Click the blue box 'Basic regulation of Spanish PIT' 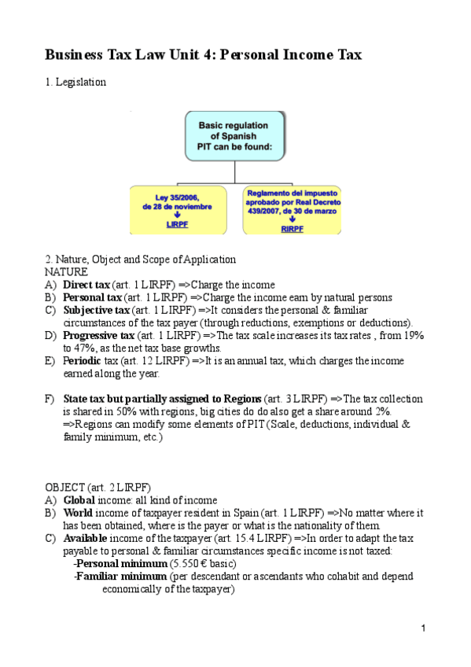click(x=233, y=135)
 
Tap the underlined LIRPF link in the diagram click(x=177, y=224)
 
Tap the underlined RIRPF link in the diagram click(x=292, y=228)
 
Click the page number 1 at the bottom click(x=422, y=628)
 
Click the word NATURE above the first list click(x=67, y=271)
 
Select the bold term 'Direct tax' click(x=86, y=285)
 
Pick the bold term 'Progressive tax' click(x=99, y=336)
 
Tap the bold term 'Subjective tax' click(x=96, y=310)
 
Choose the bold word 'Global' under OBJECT click(x=79, y=500)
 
